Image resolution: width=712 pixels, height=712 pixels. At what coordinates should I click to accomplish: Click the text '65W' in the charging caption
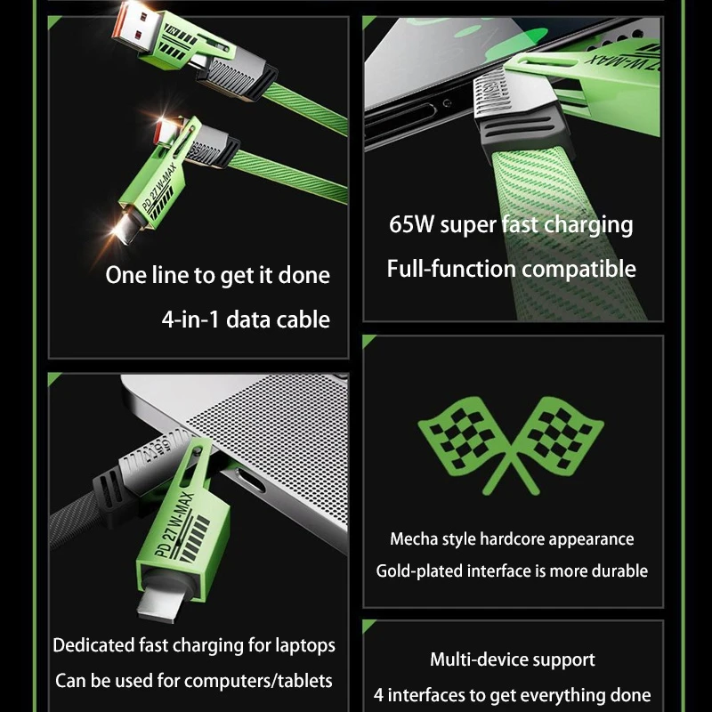[411, 224]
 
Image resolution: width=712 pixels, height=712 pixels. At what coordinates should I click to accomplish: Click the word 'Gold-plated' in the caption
[415, 571]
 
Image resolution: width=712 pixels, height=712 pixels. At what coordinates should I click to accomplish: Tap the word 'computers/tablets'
[252, 681]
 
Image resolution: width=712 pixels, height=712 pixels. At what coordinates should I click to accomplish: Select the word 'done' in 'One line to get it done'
[304, 275]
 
